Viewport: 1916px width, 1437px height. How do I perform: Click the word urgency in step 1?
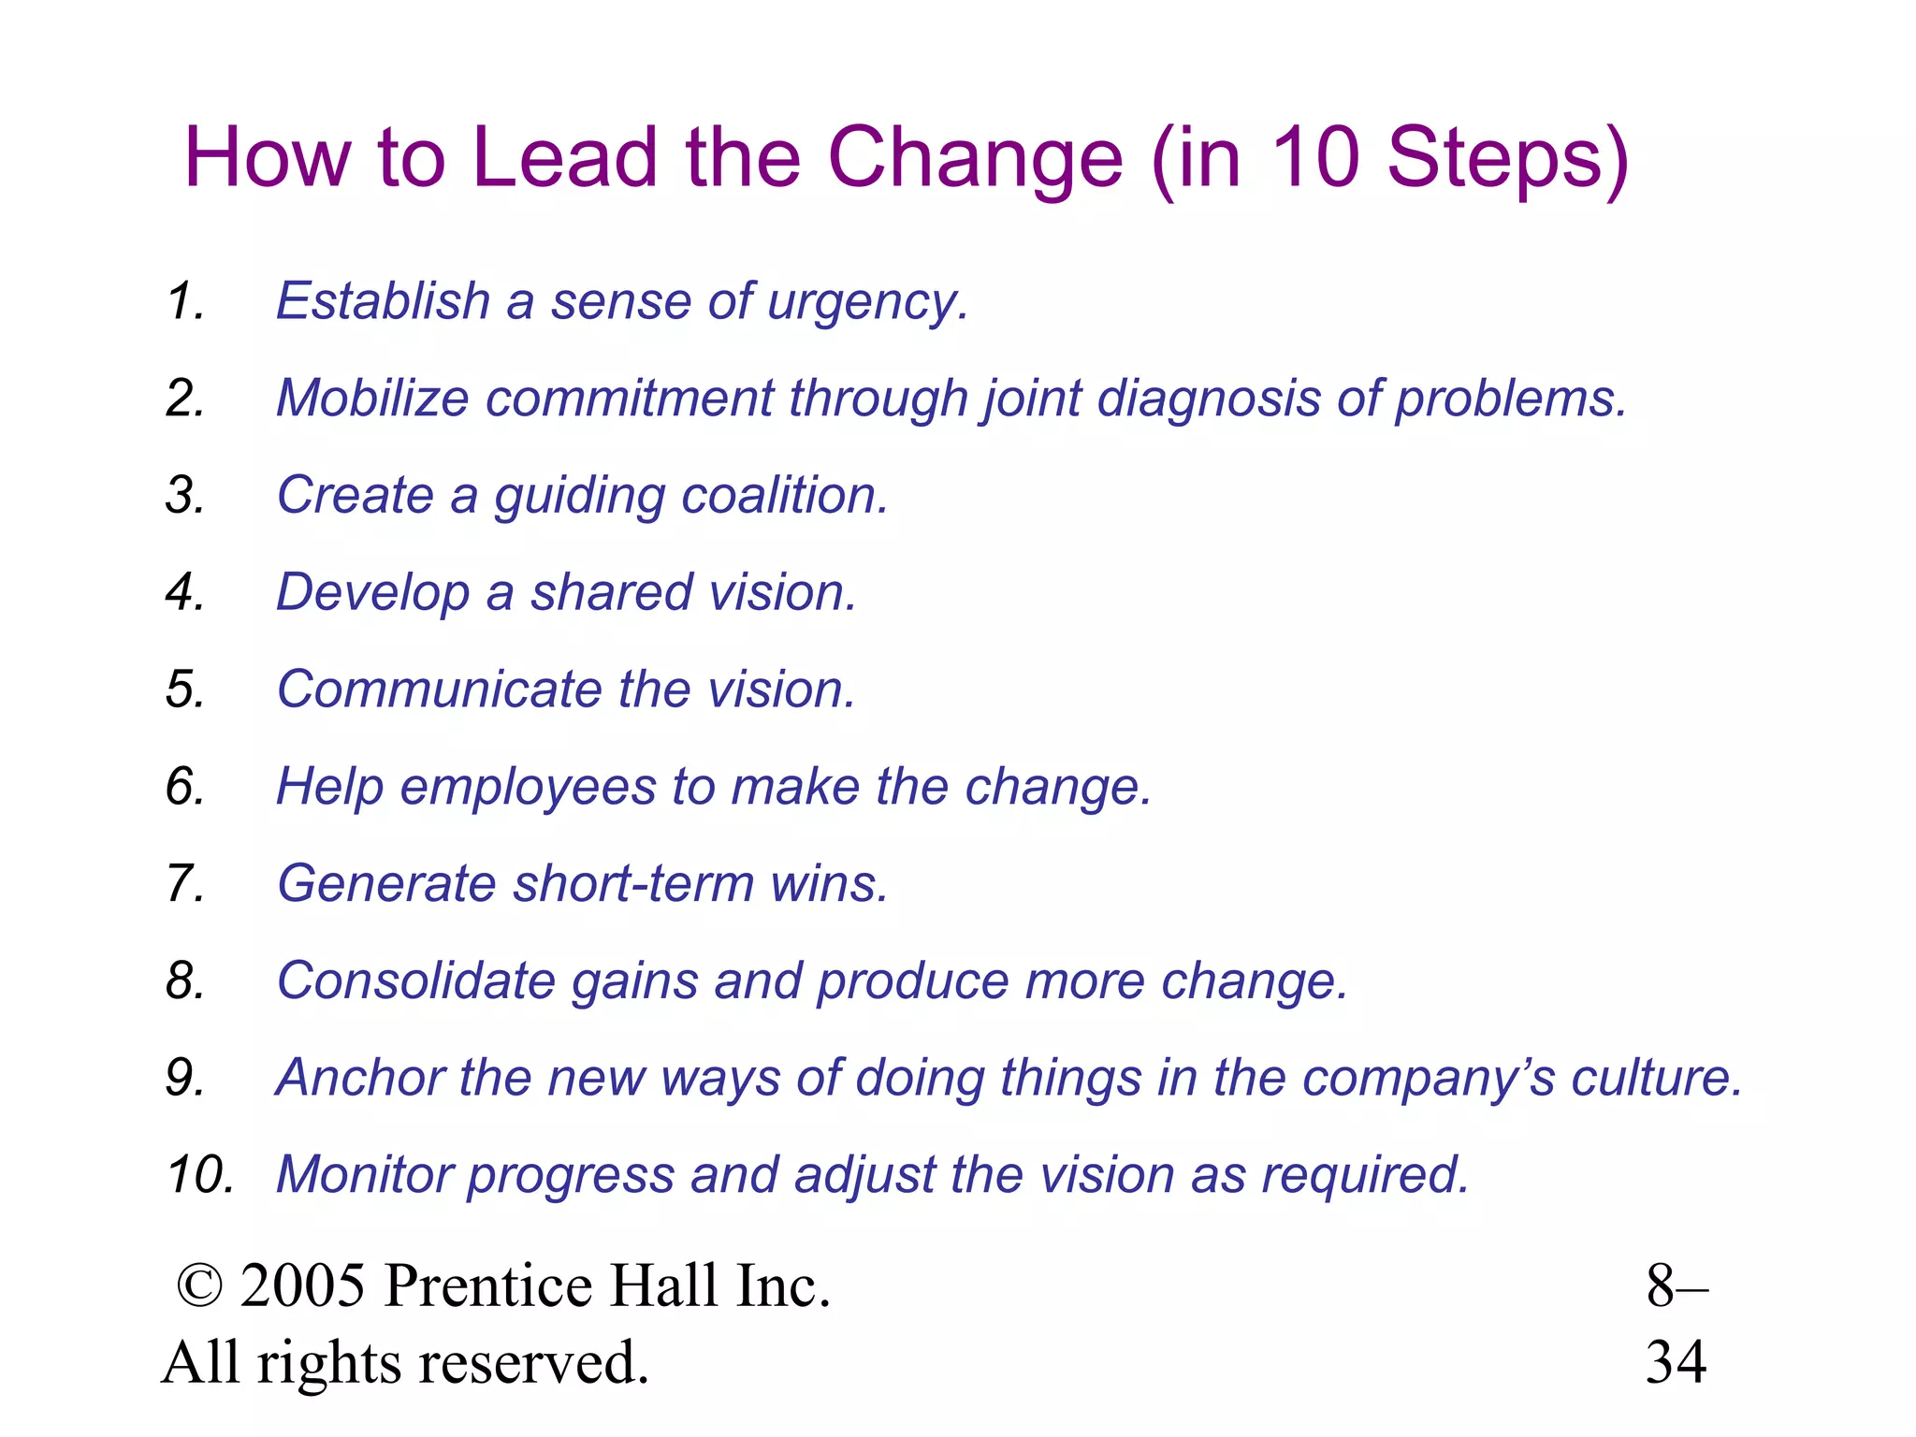tap(866, 303)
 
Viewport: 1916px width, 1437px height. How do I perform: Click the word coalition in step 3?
tap(784, 495)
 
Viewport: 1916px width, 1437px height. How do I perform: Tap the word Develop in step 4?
tap(372, 593)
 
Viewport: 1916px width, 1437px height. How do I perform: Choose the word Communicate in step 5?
tap(439, 689)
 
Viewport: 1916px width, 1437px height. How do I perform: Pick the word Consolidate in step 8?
tap(416, 980)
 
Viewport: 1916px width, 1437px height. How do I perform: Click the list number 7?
tap(184, 883)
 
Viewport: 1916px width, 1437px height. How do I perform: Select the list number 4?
tap(184, 593)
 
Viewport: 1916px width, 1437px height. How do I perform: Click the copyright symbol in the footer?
tap(199, 1285)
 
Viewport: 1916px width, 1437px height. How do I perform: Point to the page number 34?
tap(1676, 1363)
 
